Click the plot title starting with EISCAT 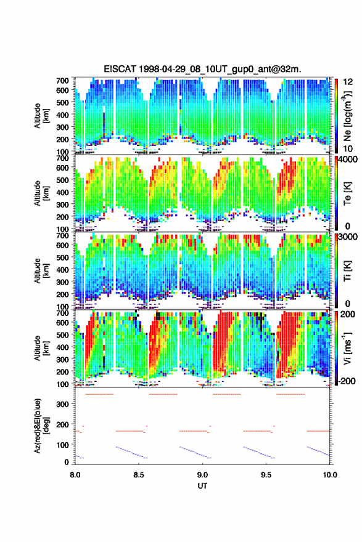[202, 69]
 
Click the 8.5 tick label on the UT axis [139, 475]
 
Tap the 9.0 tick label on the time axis [202, 475]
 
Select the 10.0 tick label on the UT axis [330, 475]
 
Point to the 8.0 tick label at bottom [75, 475]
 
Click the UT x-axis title [202, 486]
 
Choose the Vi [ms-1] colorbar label [347, 348]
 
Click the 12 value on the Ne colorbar [348, 82]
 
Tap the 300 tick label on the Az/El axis [63, 404]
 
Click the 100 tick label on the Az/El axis [63, 445]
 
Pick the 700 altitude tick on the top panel [62, 81]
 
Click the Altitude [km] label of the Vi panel [41, 348]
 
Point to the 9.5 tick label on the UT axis [266, 475]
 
